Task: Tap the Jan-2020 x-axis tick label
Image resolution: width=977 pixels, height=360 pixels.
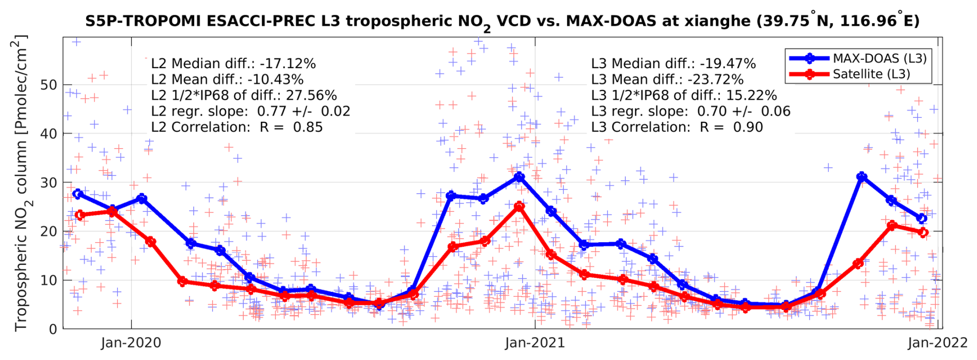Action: pyautogui.click(x=131, y=343)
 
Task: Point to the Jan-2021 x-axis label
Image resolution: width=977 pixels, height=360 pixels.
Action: pyautogui.click(x=535, y=343)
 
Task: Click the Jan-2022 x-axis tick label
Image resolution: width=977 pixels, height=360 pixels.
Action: pyautogui.click(x=937, y=343)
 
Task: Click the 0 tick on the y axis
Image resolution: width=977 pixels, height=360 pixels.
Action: pyautogui.click(x=53, y=329)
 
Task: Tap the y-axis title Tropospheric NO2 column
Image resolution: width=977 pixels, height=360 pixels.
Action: pyautogui.click(x=21, y=183)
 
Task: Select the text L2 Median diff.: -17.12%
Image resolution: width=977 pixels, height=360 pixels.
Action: pyautogui.click(x=233, y=64)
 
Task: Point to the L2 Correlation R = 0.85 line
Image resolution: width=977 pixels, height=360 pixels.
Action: pyautogui.click(x=237, y=127)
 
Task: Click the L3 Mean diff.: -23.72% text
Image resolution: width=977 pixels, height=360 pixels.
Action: pyautogui.click(x=667, y=80)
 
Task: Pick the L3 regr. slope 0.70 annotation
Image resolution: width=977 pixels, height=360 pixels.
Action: pyautogui.click(x=690, y=112)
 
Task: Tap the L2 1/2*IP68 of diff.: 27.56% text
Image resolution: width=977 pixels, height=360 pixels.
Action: pyautogui.click(x=244, y=96)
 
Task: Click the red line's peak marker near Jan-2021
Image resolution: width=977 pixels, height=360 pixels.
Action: pyautogui.click(x=519, y=207)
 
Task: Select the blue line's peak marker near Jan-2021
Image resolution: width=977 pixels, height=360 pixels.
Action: pyautogui.click(x=519, y=177)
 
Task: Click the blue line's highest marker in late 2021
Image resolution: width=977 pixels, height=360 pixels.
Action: pyautogui.click(x=861, y=177)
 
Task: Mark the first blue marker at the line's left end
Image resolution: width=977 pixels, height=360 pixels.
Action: pyautogui.click(x=78, y=194)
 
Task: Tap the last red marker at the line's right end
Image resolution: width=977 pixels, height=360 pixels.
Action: pyautogui.click(x=923, y=232)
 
